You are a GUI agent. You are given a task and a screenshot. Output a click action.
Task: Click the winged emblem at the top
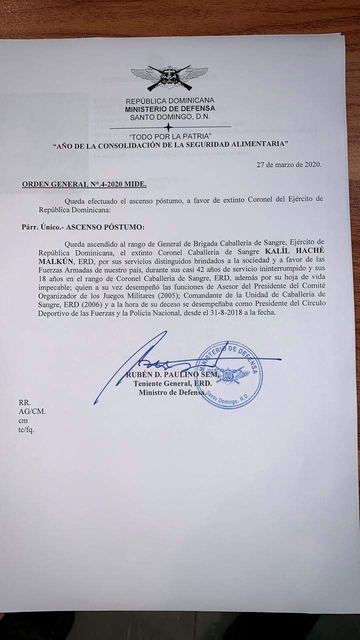coord(169,78)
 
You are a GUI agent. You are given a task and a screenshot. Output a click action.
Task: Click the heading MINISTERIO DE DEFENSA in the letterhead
coord(170,108)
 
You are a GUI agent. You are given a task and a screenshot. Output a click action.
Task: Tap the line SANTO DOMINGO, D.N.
coord(170,117)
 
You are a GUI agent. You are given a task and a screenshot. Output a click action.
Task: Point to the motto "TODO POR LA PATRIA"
coord(170,136)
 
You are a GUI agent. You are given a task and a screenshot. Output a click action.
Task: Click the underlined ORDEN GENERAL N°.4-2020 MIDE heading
coord(84,184)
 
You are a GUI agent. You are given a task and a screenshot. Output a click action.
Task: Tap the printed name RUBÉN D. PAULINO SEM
coord(171,374)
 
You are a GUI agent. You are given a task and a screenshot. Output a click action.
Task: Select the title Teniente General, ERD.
coord(172,383)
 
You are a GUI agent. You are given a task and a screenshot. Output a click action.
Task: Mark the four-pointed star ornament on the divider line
coord(169,126)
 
